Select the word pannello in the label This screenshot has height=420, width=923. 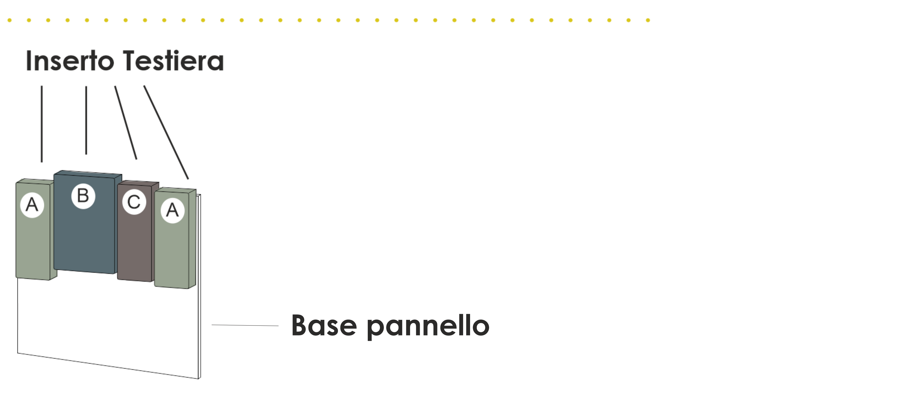[428, 327]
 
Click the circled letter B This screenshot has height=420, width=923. [83, 196]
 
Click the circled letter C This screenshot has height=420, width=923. [134, 202]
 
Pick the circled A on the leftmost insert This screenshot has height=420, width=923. [32, 205]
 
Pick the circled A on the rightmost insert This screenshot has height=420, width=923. [172, 211]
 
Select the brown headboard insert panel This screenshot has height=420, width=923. [135, 247]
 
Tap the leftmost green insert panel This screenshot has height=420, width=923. [33, 247]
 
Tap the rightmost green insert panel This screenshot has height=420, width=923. [172, 254]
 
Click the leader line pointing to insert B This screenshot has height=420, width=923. [86, 120]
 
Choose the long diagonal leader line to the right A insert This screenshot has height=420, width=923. [166, 132]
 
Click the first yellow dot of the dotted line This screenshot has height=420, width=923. [10, 20]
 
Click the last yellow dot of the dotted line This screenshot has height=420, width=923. [648, 20]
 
